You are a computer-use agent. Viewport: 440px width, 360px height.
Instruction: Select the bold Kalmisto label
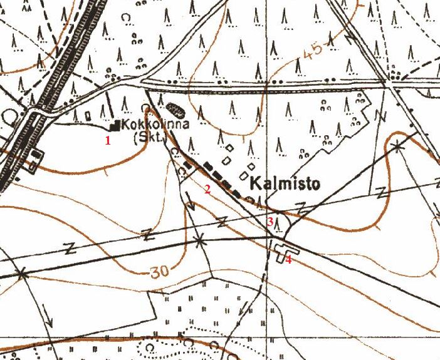click(285, 184)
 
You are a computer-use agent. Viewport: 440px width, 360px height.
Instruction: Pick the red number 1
click(108, 140)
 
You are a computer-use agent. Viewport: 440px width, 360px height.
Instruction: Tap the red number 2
click(207, 190)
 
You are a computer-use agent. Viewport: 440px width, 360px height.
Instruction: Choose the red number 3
click(270, 222)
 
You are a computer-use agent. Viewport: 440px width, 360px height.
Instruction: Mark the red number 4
click(289, 259)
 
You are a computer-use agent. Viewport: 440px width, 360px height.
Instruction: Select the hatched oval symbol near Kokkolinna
click(177, 110)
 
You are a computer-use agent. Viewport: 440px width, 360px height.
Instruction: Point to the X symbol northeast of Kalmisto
click(397, 146)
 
